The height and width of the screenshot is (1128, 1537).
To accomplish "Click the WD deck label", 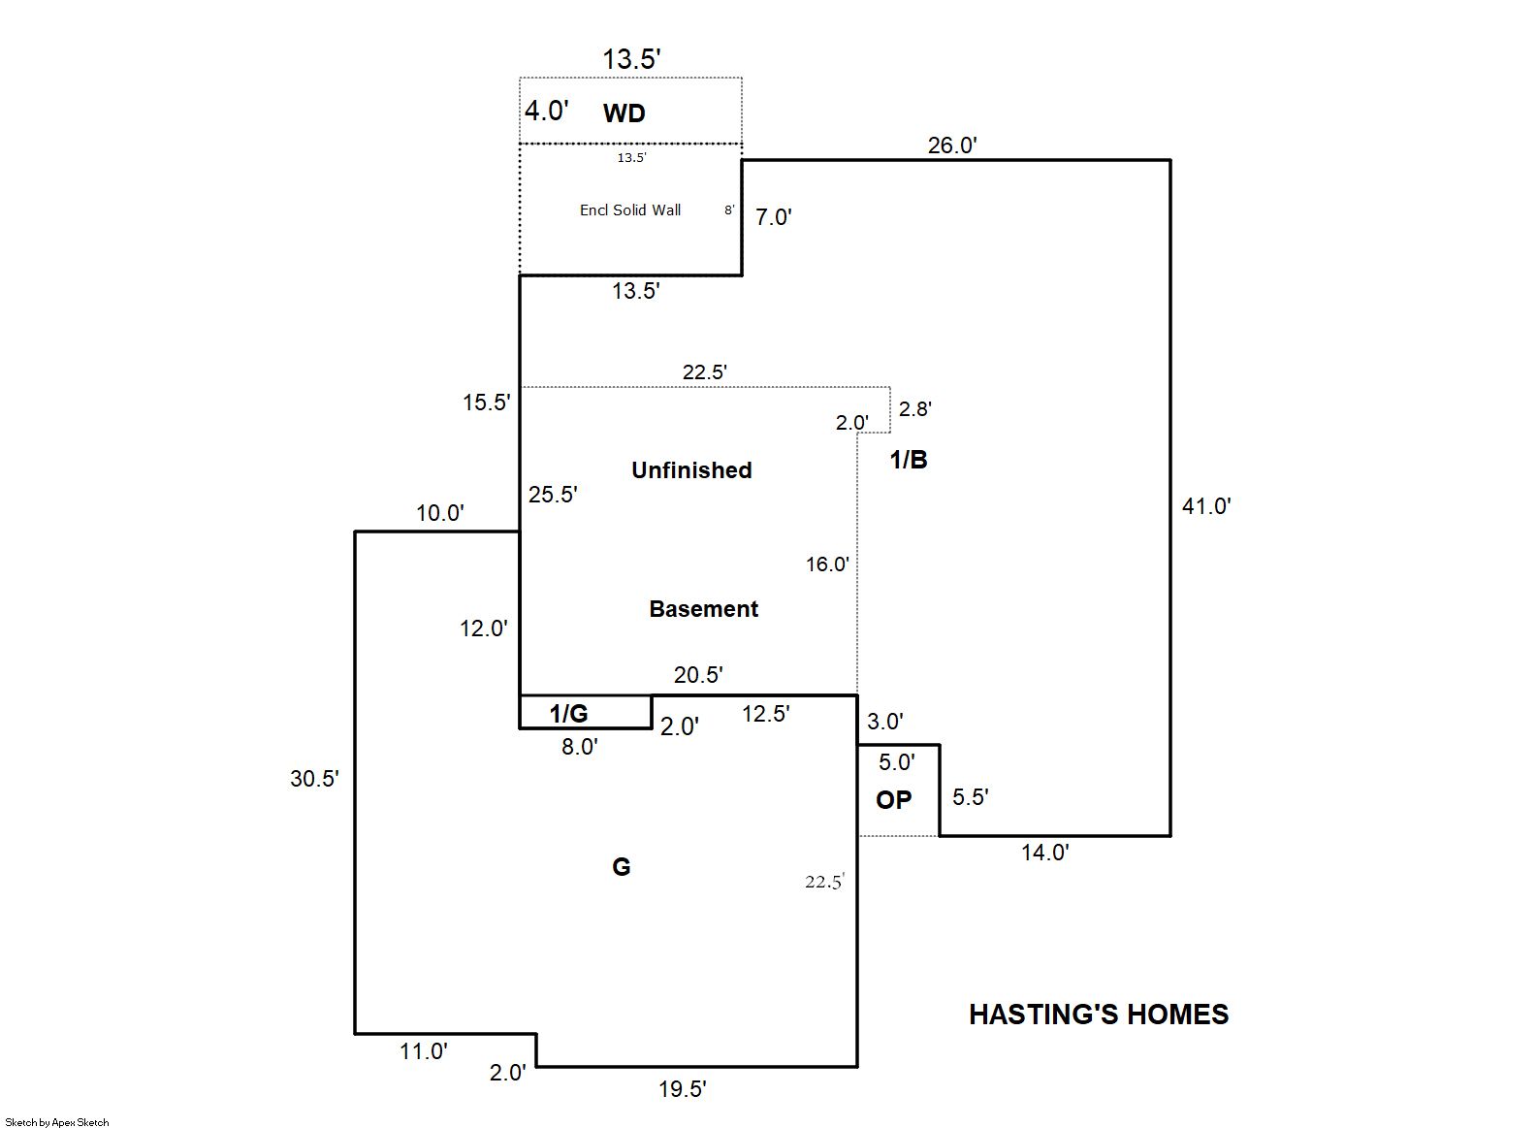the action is coord(624,113).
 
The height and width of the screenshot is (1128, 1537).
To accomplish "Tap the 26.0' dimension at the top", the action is coord(952,145).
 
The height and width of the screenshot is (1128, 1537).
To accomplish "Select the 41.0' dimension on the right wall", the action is coord(1206,506).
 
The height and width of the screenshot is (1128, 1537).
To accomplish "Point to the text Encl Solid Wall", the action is coord(630,209).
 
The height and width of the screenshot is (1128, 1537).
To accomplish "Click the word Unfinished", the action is coord(691,470).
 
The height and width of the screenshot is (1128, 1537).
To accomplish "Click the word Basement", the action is coord(703,608).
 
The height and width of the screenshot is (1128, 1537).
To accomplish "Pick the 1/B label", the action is coord(909,459).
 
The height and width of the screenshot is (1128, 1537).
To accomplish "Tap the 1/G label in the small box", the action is coord(568,714).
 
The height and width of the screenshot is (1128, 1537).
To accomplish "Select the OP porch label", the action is coord(893,799).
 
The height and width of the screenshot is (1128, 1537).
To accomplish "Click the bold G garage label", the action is coord(621,867).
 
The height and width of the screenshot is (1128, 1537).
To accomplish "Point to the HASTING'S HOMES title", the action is coord(1099,1015).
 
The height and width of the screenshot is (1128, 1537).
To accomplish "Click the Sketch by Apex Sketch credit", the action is coord(57,1122).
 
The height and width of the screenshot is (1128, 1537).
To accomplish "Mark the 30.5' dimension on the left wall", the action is coord(314,779).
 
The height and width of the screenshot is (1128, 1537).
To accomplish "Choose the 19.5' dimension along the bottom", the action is coord(682,1089).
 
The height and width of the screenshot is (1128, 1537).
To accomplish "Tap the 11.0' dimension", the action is coord(424,1051).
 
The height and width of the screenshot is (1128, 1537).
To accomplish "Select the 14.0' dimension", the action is coord(1044,853).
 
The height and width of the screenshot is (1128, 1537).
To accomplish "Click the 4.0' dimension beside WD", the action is coord(546,111).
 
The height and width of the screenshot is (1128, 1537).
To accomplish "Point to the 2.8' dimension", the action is coord(914,409).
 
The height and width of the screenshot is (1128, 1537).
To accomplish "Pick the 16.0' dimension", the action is coord(827,564).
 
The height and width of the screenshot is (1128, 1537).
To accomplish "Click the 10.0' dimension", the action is coord(440,512).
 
